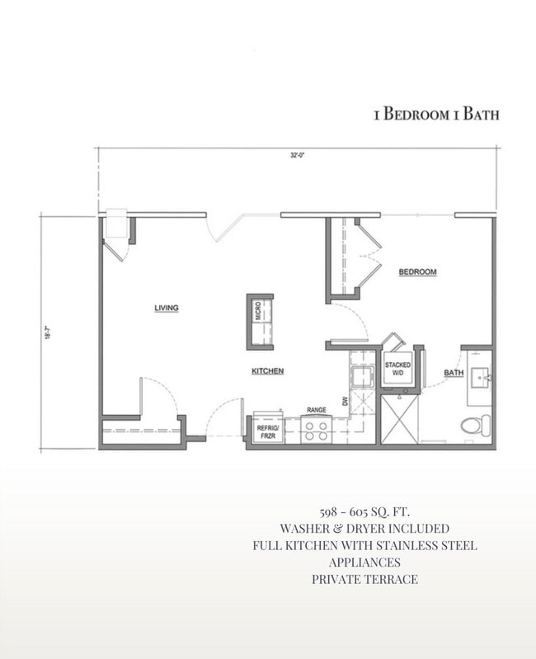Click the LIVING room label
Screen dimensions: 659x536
167,308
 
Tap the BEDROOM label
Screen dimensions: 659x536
417,272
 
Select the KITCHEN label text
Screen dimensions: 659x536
268,372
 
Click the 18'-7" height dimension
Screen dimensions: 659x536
49,332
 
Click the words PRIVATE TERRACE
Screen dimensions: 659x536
364,579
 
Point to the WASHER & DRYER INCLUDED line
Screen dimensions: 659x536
364,529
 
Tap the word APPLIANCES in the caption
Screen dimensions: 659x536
364,563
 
